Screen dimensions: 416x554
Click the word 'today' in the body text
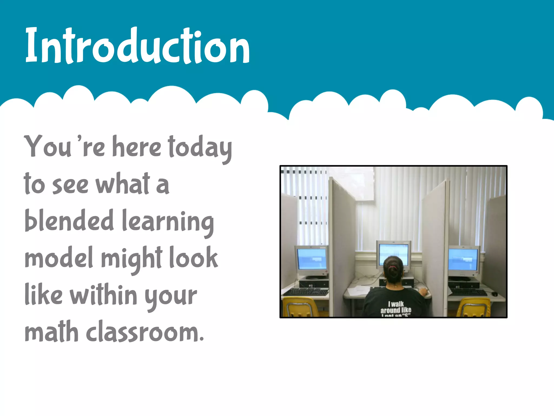(200, 148)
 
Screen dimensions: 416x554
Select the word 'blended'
(69, 221)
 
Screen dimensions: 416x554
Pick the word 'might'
(132, 259)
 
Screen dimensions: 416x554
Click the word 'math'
(51, 332)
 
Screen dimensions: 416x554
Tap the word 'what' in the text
(123, 184)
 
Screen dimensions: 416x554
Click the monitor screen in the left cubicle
(312, 259)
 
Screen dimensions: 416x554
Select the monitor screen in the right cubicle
(463, 259)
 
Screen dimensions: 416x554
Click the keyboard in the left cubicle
(306, 292)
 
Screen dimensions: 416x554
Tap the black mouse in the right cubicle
(494, 294)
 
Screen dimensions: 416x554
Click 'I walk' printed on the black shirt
(396, 304)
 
